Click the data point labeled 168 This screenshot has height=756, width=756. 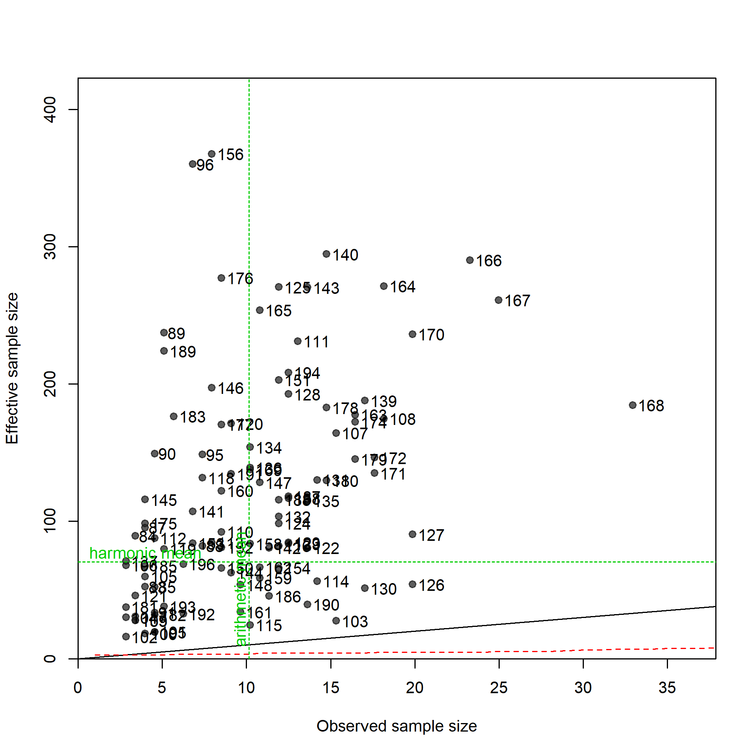point(632,405)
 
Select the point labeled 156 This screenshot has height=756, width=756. point(212,154)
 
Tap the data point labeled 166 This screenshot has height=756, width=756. point(470,260)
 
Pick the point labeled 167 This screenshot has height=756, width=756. point(499,300)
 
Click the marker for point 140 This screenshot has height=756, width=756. point(326,254)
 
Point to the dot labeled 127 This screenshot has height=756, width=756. point(413,534)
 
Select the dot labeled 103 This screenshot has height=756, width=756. point(336,621)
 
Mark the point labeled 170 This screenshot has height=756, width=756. point(413,334)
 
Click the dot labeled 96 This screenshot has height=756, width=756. point(193,164)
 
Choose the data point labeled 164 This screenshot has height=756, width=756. point(384,287)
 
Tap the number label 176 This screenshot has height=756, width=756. point(240,279)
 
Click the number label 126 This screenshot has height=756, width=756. point(431,585)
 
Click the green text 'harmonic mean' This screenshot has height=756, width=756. point(145,553)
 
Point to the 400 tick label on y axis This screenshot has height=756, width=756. point(50,110)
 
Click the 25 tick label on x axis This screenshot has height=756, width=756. point(499,687)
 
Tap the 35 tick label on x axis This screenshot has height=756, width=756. point(667,687)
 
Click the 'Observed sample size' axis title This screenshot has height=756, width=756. point(396,726)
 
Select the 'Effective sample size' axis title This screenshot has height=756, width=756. point(12,368)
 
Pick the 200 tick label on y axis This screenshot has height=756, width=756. point(50,384)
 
